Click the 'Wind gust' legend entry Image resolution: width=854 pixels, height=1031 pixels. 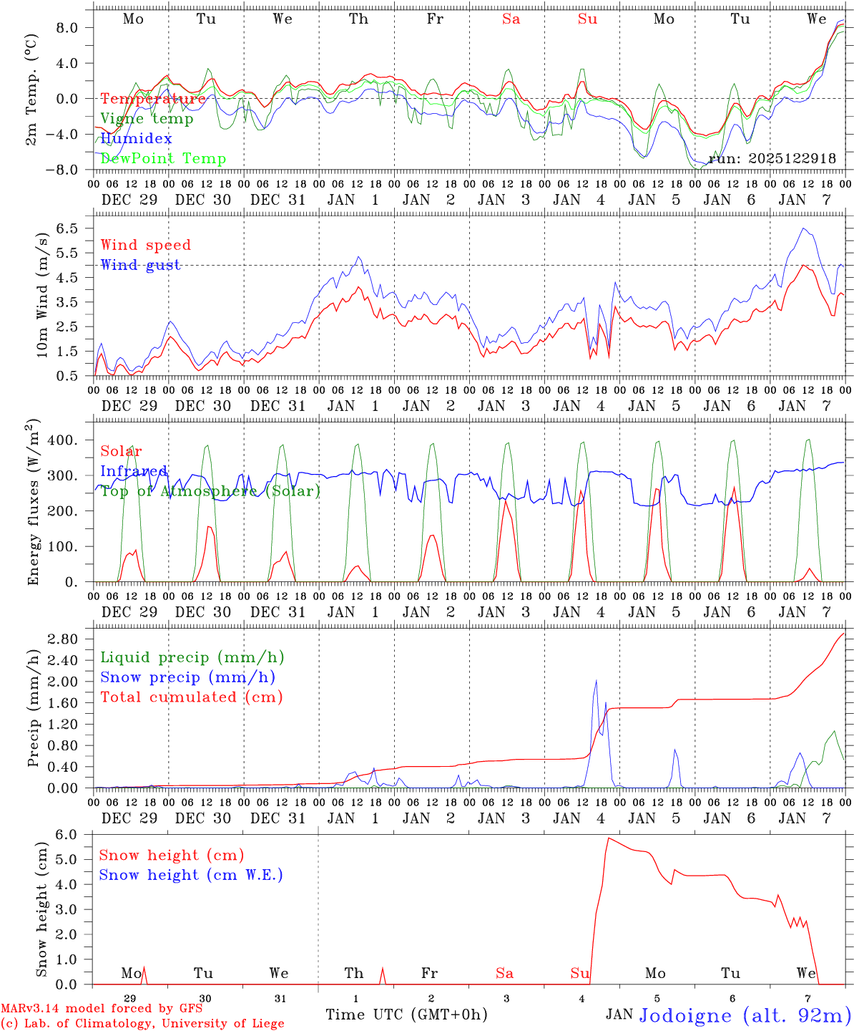click(x=140, y=265)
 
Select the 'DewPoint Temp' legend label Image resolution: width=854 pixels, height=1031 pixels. click(x=163, y=159)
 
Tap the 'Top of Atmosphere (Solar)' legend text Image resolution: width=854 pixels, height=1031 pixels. click(x=210, y=491)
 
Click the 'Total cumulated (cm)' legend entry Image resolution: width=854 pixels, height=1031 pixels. click(x=191, y=697)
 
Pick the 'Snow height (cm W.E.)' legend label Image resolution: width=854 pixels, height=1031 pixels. click(x=191, y=875)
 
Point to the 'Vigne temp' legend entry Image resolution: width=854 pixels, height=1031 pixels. click(x=147, y=119)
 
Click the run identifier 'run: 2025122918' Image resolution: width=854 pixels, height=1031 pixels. click(x=772, y=159)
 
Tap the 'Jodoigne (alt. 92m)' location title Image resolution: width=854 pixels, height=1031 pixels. click(x=745, y=1015)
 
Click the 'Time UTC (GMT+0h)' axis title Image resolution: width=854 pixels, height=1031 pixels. click(x=406, y=1015)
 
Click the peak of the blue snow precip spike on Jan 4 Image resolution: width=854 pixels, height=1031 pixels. click(x=597, y=680)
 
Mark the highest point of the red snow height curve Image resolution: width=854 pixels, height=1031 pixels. click(x=608, y=838)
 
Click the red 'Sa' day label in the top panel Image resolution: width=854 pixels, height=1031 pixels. click(x=511, y=19)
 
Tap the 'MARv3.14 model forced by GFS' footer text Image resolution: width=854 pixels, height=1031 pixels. click(x=102, y=1009)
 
